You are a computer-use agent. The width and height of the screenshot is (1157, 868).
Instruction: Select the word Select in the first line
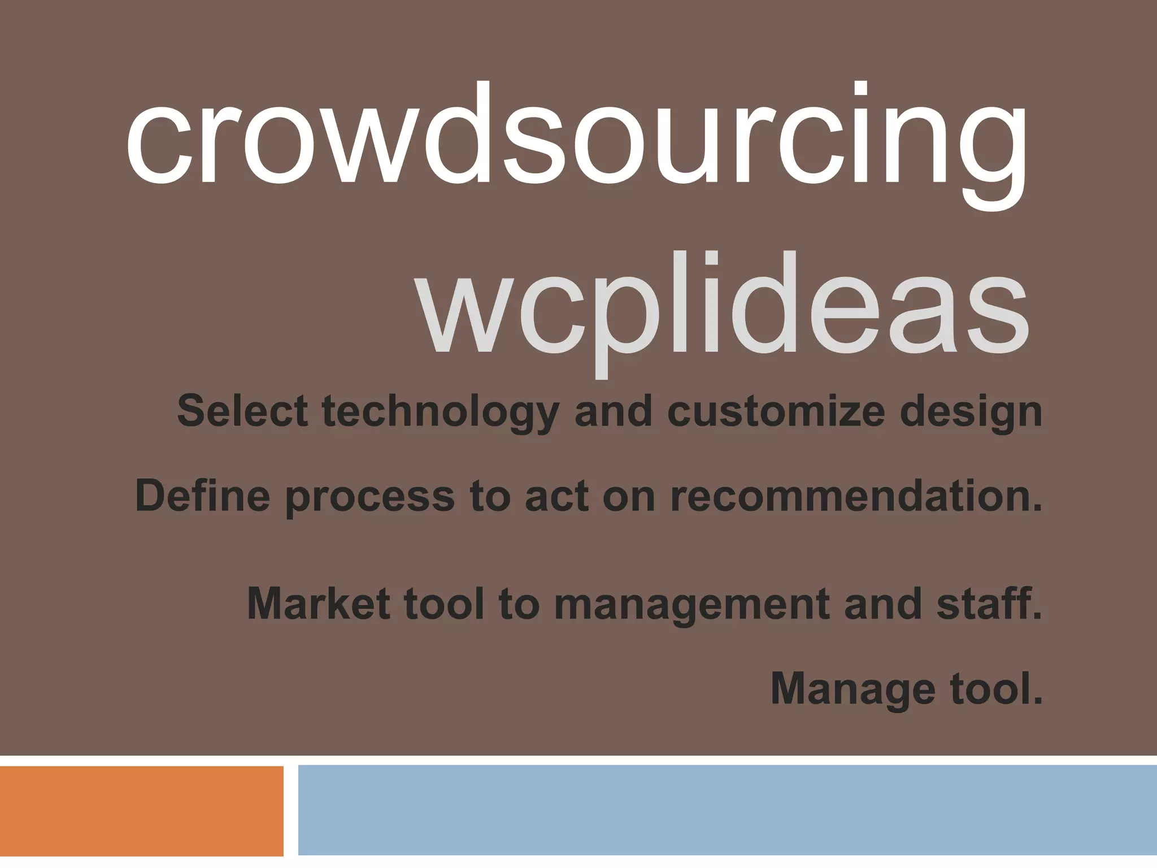(x=242, y=411)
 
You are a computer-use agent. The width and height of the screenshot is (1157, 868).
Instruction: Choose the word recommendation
(x=856, y=496)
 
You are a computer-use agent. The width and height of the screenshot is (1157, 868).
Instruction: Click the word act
(x=557, y=496)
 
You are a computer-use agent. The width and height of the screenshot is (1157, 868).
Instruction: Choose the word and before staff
(x=884, y=603)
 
